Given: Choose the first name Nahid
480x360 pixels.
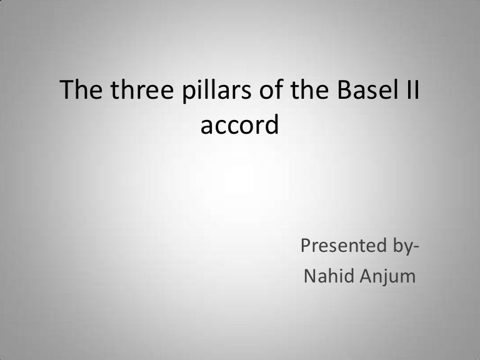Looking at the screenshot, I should coord(324,276).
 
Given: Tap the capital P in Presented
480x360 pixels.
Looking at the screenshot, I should coord(306,246).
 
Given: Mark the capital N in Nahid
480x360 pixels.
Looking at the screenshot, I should coord(309,276).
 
